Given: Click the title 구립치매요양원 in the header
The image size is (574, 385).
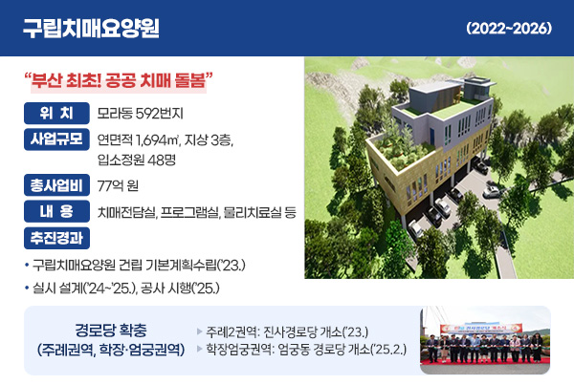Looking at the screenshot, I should (91, 28).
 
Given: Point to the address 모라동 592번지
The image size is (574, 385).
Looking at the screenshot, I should (141, 113).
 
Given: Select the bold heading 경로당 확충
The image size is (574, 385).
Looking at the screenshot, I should (106, 331).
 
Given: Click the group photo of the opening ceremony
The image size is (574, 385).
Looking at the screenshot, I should (486, 340).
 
